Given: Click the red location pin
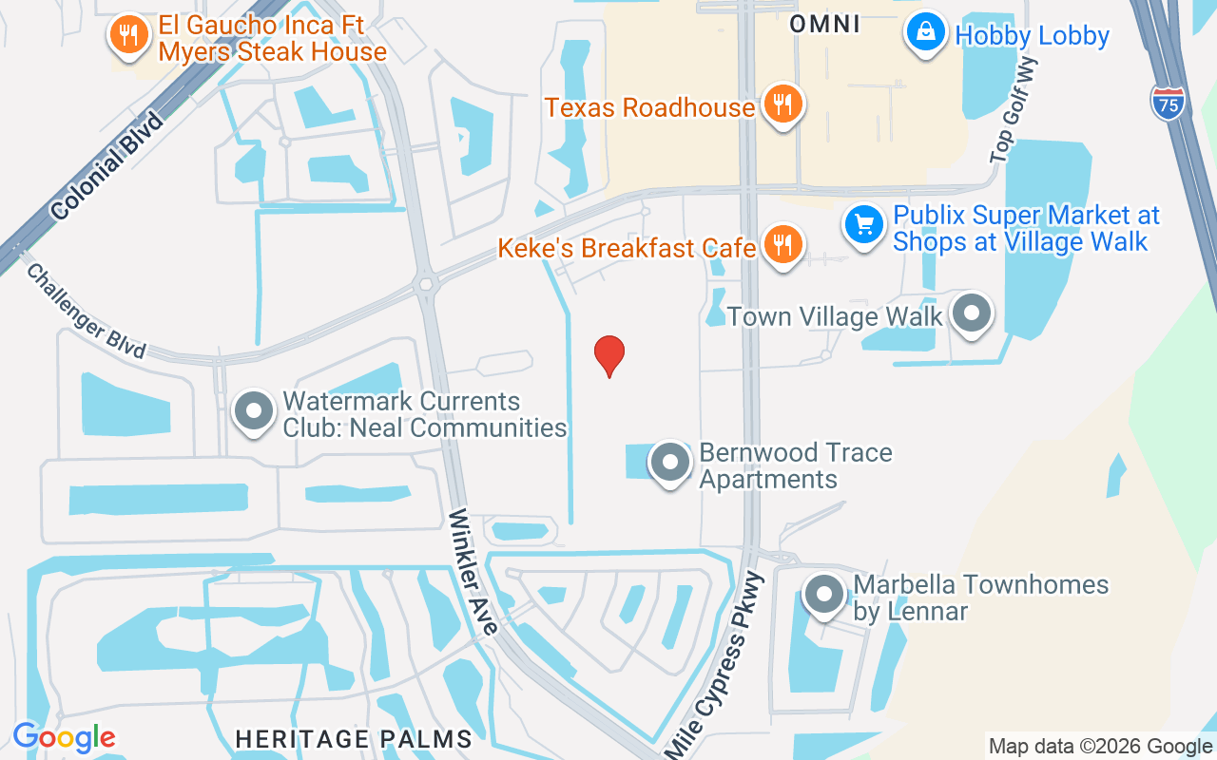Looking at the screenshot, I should pyautogui.click(x=609, y=355).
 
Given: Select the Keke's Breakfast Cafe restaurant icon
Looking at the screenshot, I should pyautogui.click(x=782, y=246).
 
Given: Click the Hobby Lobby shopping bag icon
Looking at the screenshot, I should pyautogui.click(x=925, y=33).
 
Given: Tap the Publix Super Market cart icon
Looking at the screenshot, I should pyautogui.click(x=863, y=225).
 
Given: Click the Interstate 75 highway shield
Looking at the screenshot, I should pyautogui.click(x=1169, y=102).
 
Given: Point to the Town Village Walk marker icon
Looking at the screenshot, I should pyautogui.click(x=972, y=313).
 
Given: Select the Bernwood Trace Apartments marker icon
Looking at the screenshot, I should pyautogui.click(x=670, y=462).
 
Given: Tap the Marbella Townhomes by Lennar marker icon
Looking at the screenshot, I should pyautogui.click(x=824, y=595).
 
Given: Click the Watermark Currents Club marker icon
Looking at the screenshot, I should pyautogui.click(x=253, y=412).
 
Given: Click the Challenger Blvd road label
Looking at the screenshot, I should pyautogui.click(x=86, y=312).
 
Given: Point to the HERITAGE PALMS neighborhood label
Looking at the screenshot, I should pyautogui.click(x=354, y=738).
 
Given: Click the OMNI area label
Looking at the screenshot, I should pyautogui.click(x=825, y=24).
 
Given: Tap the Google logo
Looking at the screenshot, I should pyautogui.click(x=64, y=737).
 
